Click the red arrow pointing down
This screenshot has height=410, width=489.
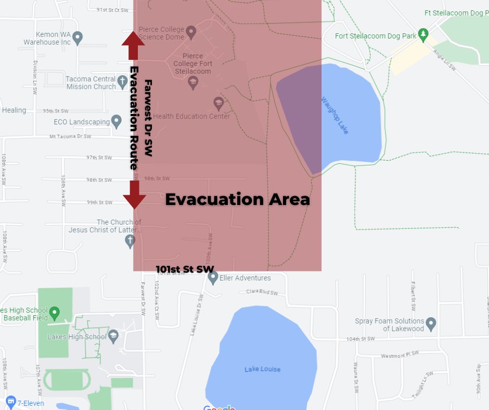134,194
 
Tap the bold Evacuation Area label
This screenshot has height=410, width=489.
237,199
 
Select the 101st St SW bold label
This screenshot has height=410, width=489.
185,269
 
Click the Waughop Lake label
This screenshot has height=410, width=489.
334,115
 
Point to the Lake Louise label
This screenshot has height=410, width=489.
263,369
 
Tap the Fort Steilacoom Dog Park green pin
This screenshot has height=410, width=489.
424,34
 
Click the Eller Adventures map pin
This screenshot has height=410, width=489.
213,278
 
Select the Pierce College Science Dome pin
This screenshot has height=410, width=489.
191,32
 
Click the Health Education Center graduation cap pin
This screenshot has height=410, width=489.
218,102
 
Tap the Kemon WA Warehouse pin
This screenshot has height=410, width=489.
78,37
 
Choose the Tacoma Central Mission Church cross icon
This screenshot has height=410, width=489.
122,81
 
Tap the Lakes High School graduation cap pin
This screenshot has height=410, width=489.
113,336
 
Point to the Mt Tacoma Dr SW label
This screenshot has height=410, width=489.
70,136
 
